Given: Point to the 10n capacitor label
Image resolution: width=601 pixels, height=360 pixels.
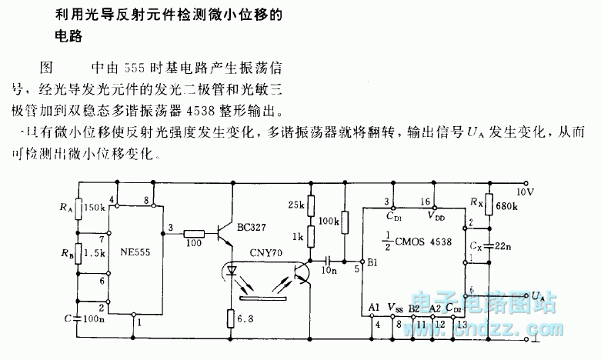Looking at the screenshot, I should pos(329,270).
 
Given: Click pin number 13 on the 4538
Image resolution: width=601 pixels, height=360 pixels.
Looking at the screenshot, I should pos(461,324).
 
